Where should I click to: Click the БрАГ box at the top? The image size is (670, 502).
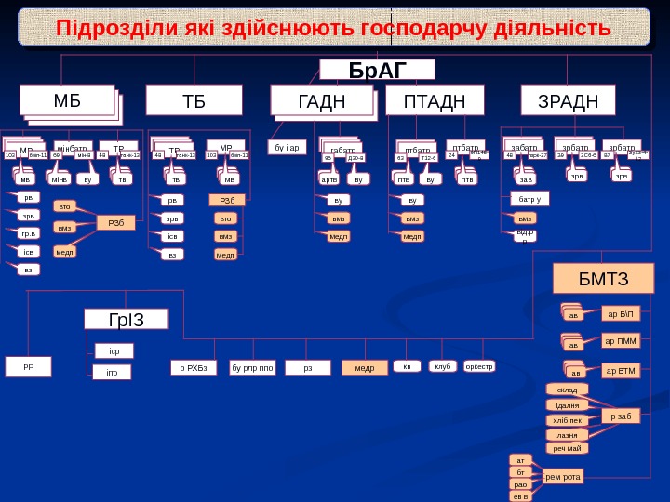click(377, 70)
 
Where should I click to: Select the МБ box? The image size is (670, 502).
click(67, 100)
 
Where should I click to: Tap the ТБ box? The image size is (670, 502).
click(194, 100)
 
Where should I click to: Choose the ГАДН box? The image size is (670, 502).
click(321, 100)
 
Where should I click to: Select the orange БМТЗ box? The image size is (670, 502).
click(603, 278)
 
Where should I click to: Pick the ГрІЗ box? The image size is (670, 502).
click(127, 321)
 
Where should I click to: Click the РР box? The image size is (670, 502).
click(28, 366)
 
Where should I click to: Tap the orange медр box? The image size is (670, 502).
click(364, 367)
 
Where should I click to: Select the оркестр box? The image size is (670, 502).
click(478, 366)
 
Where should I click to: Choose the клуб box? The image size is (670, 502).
click(442, 366)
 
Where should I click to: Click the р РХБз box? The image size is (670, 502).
click(194, 367)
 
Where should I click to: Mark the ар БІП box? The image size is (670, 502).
click(620, 313)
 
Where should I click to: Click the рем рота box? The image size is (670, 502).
click(562, 477)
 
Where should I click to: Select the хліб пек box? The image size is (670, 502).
click(567, 420)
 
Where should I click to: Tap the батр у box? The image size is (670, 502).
click(529, 198)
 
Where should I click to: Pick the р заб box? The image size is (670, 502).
click(620, 416)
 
